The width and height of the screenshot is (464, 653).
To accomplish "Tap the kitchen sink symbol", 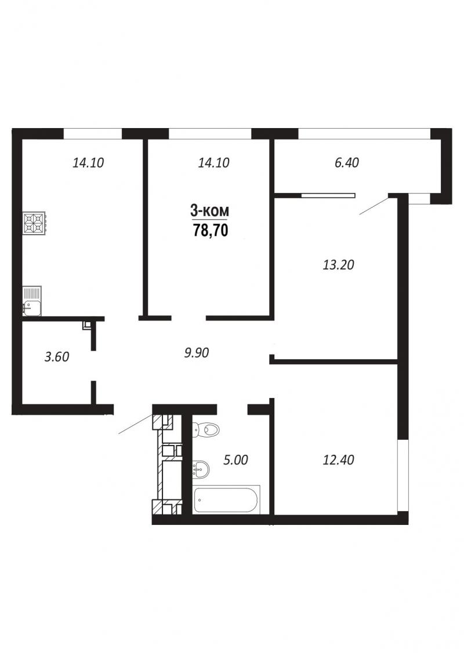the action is pyautogui.click(x=32, y=300).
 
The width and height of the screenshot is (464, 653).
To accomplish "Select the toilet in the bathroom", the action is pyautogui.click(x=206, y=429).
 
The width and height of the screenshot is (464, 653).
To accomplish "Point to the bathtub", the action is pyautogui.click(x=227, y=499).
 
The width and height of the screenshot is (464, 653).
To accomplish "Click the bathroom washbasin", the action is pyautogui.click(x=201, y=470).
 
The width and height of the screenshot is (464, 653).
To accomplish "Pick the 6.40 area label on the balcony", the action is pyautogui.click(x=347, y=162).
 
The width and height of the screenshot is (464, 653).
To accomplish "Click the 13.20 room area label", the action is pyautogui.click(x=339, y=264).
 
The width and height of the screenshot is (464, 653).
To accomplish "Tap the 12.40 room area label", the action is pyautogui.click(x=339, y=460).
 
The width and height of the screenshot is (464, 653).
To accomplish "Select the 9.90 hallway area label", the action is pyautogui.click(x=197, y=353).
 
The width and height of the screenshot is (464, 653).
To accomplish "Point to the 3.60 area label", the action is pyautogui.click(x=57, y=357).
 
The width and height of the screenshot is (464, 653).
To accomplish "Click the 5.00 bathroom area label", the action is pyautogui.click(x=235, y=460).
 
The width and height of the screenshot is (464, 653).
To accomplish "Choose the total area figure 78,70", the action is pyautogui.click(x=211, y=230).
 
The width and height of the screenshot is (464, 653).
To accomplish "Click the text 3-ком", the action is pyautogui.click(x=210, y=211).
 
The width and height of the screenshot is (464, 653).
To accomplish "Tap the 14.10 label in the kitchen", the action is pyautogui.click(x=88, y=162).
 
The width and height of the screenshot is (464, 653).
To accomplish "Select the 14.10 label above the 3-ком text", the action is pyautogui.click(x=213, y=162).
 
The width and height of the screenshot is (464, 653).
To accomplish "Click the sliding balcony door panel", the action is pyautogui.click(x=328, y=194).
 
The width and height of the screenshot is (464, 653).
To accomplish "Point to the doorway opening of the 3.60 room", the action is pyautogui.click(x=93, y=366).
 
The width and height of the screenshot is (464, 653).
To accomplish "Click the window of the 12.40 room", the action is pyautogui.click(x=403, y=475).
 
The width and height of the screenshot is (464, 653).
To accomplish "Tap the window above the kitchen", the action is pyautogui.click(x=93, y=133).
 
